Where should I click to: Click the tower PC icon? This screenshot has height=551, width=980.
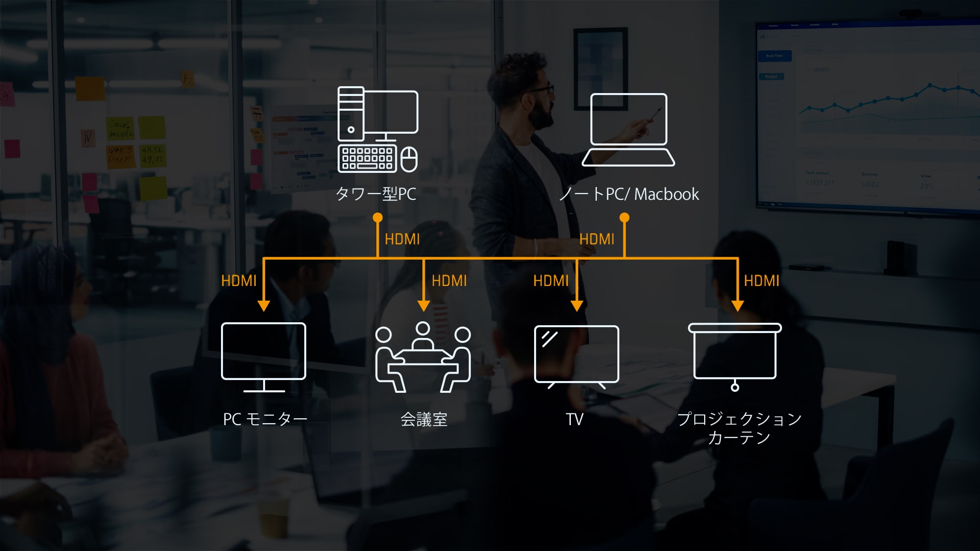[377, 129]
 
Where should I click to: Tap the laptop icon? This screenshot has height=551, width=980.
[628, 130]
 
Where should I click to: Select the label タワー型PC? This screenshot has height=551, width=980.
[376, 194]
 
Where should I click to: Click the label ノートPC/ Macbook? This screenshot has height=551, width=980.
[629, 194]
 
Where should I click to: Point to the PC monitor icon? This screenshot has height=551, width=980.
[264, 356]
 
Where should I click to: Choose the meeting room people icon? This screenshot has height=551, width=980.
[423, 357]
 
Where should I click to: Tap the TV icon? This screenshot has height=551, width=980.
[576, 356]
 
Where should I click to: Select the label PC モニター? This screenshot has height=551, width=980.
[265, 419]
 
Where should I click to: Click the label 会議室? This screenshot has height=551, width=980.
[424, 419]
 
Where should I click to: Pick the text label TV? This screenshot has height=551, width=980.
[574, 419]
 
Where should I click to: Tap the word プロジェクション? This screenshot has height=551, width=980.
[739, 419]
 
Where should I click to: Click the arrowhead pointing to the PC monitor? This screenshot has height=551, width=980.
[264, 306]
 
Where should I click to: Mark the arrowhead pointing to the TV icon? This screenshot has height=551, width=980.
[577, 306]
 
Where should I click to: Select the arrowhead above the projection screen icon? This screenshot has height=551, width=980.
[737, 306]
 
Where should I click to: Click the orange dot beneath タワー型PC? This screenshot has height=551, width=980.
[377, 217]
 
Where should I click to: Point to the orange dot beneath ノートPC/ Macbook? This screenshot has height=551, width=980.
[624, 217]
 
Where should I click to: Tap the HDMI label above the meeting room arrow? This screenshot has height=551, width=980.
[449, 281]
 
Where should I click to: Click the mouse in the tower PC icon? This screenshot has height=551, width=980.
[409, 159]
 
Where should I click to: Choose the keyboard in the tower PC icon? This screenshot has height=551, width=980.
[367, 159]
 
